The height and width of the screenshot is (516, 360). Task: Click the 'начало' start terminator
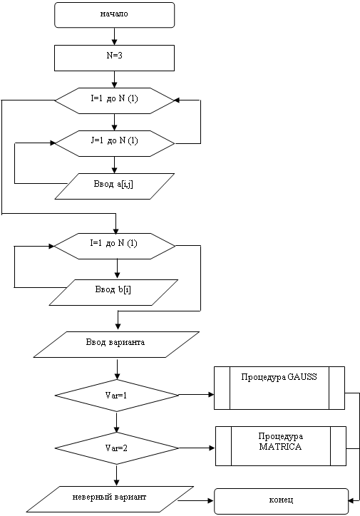[x=114, y=15]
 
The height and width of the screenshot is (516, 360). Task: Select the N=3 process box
[x=114, y=58]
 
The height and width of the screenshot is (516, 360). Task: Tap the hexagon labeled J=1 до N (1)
[x=114, y=143]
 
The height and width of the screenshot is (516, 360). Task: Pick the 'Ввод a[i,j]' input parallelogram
[x=114, y=186]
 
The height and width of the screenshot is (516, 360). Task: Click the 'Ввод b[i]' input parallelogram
[x=113, y=292]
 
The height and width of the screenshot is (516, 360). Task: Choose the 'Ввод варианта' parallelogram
[x=116, y=344]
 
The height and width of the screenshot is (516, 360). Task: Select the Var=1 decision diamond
[x=116, y=396]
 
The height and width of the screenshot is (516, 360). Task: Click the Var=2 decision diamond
[x=116, y=448]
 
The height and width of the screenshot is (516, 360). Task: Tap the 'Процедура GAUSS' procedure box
[x=279, y=388]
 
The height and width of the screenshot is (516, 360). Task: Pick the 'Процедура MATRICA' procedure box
[x=281, y=446]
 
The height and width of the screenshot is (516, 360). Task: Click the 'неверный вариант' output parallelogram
[x=110, y=499]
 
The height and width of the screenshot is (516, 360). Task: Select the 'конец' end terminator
[x=282, y=501]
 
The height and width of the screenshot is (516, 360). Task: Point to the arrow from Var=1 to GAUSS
[x=197, y=395]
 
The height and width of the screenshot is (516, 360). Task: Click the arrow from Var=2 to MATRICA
[x=197, y=448]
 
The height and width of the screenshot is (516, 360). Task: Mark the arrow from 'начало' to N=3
[x=114, y=36]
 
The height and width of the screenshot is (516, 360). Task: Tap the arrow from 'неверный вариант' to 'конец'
[x=196, y=501]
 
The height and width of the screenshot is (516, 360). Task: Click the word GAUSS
[x=302, y=377]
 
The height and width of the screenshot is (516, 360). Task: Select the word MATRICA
[x=280, y=447]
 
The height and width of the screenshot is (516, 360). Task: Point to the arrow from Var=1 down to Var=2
[x=116, y=422]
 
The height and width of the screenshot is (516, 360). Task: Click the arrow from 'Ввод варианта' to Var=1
[x=117, y=368]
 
